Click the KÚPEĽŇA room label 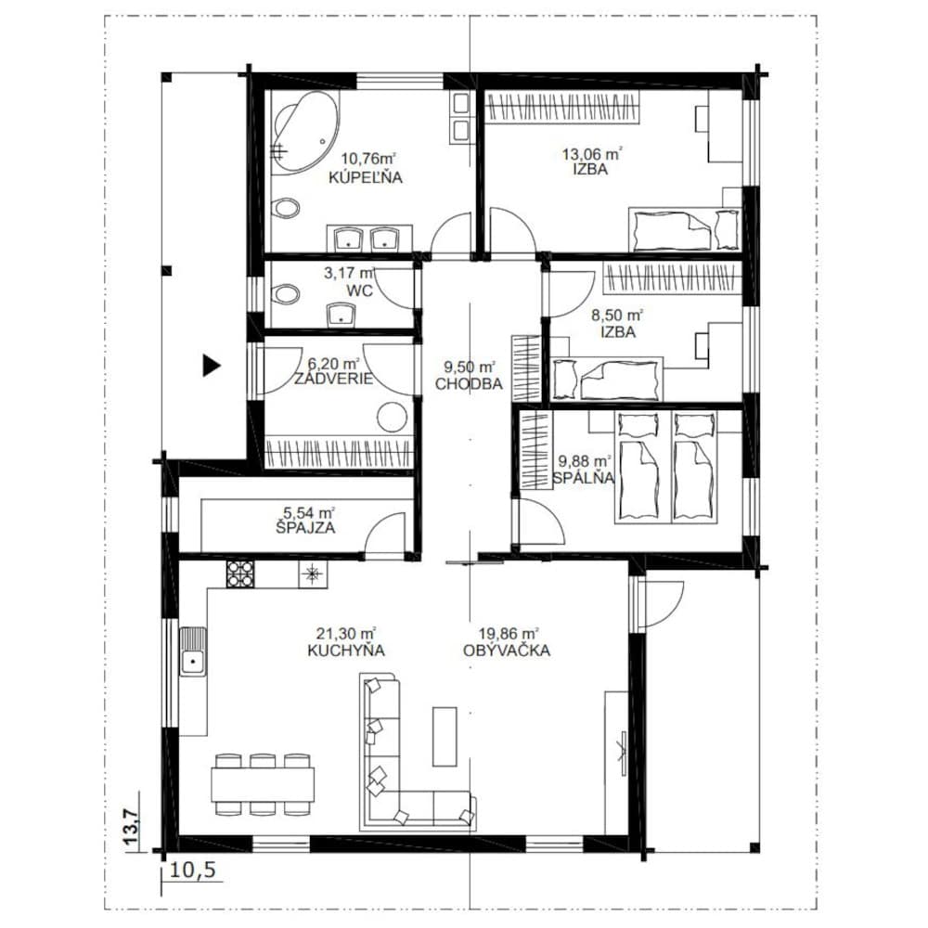coord(365,177)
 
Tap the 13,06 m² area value coord(591,154)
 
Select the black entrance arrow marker coord(212,365)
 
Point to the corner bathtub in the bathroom coord(304,132)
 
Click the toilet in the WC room coord(286,293)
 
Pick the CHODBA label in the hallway coord(469,383)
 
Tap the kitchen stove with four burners coord(240,574)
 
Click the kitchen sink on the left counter coord(193,651)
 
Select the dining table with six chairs coord(263,784)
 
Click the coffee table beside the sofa coord(445,736)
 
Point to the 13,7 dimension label coord(132,827)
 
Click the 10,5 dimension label coord(192,870)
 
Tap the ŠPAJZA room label coord(305,527)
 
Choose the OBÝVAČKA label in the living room coord(507,650)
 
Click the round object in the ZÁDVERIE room coord(393,418)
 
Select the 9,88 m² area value coord(586,460)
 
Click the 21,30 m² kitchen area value coord(346,633)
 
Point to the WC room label coord(360,290)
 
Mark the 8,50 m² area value coord(617,316)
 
